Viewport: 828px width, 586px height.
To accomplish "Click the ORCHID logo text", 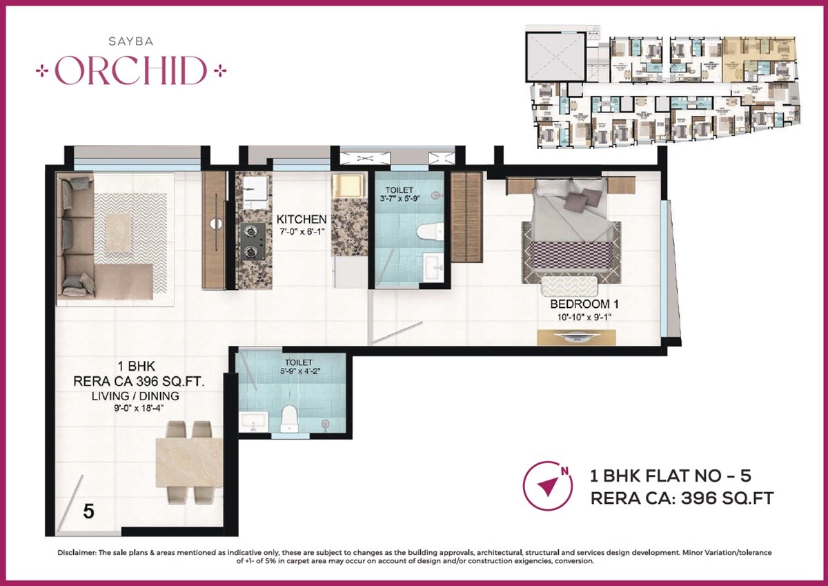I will point(131,70).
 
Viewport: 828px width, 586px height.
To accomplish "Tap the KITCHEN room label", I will point(302,219).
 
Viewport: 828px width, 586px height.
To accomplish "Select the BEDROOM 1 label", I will point(580,304).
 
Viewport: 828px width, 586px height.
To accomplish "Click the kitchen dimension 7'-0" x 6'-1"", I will point(302,233).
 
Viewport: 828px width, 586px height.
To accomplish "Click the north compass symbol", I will point(548,485).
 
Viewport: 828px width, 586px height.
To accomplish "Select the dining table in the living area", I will point(189,461).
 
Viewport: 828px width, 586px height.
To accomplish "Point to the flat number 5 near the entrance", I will point(88,511).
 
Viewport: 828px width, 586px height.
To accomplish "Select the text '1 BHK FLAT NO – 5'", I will point(670,476).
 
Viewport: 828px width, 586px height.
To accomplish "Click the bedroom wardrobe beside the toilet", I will point(466,217).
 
